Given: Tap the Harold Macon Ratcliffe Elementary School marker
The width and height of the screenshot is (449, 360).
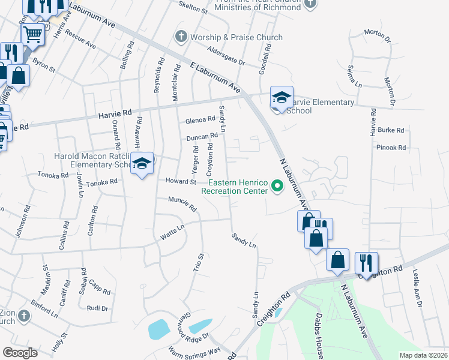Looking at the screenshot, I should pyautogui.click(x=142, y=164).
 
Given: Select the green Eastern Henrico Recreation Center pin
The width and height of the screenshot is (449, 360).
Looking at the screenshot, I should pyautogui.click(x=277, y=185).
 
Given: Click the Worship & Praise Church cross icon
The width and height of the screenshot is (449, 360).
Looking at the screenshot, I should pyautogui.click(x=180, y=37).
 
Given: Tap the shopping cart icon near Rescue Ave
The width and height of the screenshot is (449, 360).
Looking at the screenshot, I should pyautogui.click(x=34, y=34).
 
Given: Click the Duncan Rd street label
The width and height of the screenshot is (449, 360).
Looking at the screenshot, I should pyautogui.click(x=202, y=137).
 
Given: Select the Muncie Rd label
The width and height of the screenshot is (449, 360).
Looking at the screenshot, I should pyautogui.click(x=182, y=204).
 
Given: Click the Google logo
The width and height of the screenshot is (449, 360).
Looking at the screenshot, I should pyautogui.click(x=20, y=352).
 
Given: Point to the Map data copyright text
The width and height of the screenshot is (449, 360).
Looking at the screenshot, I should pyautogui.click(x=423, y=355).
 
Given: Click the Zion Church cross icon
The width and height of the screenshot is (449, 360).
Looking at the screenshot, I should pyautogui.click(x=23, y=315).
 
